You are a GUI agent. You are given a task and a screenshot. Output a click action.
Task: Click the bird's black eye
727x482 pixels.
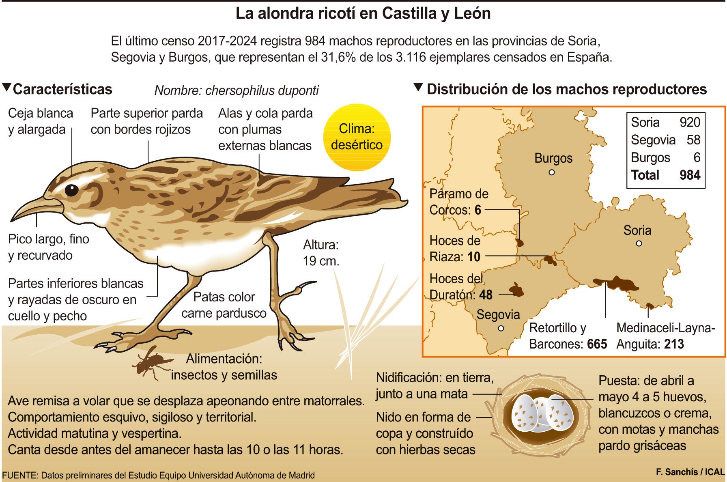71,190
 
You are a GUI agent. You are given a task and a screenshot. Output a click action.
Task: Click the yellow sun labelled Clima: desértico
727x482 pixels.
357,137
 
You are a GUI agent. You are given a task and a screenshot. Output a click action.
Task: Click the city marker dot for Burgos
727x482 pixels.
551,172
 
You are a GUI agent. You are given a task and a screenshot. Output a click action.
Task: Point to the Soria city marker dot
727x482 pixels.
639,243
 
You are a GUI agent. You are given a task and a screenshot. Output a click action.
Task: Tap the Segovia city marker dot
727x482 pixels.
501,328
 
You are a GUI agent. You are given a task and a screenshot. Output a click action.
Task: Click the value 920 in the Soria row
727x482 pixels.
690,122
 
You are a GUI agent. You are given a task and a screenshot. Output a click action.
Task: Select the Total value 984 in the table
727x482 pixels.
690,175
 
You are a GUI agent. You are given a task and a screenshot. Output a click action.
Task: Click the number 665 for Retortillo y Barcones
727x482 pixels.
597,344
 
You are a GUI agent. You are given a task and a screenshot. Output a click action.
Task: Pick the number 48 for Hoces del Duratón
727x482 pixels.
486,295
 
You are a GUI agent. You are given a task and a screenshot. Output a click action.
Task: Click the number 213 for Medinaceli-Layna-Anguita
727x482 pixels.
674,344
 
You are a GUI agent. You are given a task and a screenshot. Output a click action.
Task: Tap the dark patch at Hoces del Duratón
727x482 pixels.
516,290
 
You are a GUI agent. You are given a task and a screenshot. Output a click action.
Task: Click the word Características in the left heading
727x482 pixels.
62,89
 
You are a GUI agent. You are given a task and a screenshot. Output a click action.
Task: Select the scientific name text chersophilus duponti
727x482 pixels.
262,90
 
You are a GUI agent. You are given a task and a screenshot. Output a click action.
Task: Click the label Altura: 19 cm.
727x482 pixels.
320,253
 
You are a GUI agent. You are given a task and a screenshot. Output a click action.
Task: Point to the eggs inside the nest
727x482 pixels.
542,413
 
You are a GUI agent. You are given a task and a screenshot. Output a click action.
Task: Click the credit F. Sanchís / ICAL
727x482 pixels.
690,472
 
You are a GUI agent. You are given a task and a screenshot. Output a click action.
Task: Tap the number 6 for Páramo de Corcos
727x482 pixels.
478,210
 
